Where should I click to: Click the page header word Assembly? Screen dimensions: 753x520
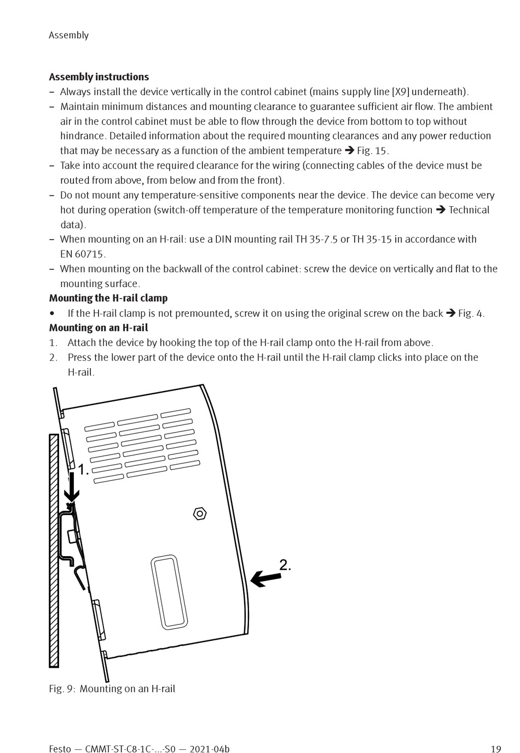pos(68,35)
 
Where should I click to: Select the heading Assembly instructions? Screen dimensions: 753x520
pos(99,77)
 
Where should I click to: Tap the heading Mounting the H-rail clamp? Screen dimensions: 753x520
pos(108,298)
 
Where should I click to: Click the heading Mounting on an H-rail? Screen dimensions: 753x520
pos(99,328)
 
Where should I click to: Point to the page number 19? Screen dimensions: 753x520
pos(496,749)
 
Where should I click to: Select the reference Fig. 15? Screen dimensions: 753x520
pos(372,151)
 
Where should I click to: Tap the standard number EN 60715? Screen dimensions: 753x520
pos(83,254)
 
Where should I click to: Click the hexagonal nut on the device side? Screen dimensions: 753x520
pos(200,513)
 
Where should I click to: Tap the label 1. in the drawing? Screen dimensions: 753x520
pos(83,470)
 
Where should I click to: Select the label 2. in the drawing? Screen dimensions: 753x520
pos(285,565)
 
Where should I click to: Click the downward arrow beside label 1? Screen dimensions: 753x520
pos(71,486)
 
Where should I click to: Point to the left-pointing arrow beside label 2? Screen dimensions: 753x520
pos(265,577)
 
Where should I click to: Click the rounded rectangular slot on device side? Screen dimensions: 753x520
pos(170,592)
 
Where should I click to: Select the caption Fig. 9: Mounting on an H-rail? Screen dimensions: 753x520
pos(112,688)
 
